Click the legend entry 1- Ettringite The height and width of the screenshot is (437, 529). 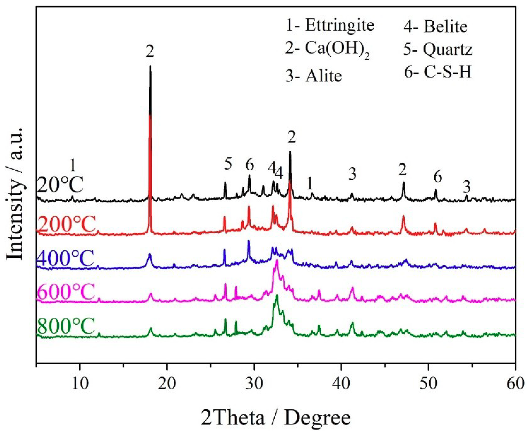[329, 25]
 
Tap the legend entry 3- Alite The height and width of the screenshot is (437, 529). [314, 76]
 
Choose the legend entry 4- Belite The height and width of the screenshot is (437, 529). [435, 27]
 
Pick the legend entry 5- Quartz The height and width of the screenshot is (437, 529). [438, 49]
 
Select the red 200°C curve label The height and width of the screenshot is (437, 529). [66, 225]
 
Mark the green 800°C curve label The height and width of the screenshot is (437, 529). [66, 326]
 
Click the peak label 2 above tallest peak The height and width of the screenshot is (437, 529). [150, 52]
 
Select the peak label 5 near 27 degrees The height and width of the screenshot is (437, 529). [228, 164]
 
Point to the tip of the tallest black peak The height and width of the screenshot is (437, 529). [150, 66]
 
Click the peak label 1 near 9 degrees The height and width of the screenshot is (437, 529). [73, 165]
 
